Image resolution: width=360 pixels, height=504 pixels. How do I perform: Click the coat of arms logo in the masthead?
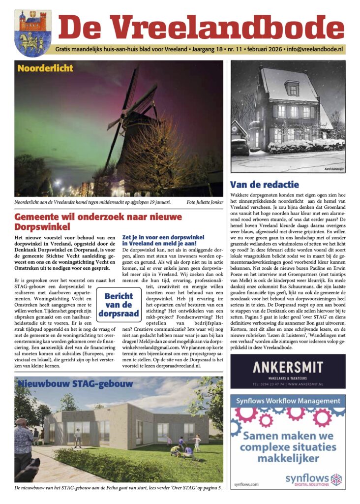tap(33, 33)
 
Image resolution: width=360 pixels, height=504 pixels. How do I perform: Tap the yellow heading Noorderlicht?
tap(45, 68)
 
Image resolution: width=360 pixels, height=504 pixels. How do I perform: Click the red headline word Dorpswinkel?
tap(42, 227)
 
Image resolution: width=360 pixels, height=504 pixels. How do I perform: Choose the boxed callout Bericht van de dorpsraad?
tap(119, 305)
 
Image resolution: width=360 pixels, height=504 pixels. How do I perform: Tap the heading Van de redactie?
tap(264, 185)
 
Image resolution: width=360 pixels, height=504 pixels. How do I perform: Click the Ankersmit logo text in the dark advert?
tap(288, 367)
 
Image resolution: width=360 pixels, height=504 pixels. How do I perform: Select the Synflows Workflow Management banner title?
tap(288, 401)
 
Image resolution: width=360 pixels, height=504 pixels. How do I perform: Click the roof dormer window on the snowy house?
tap(292, 89)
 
